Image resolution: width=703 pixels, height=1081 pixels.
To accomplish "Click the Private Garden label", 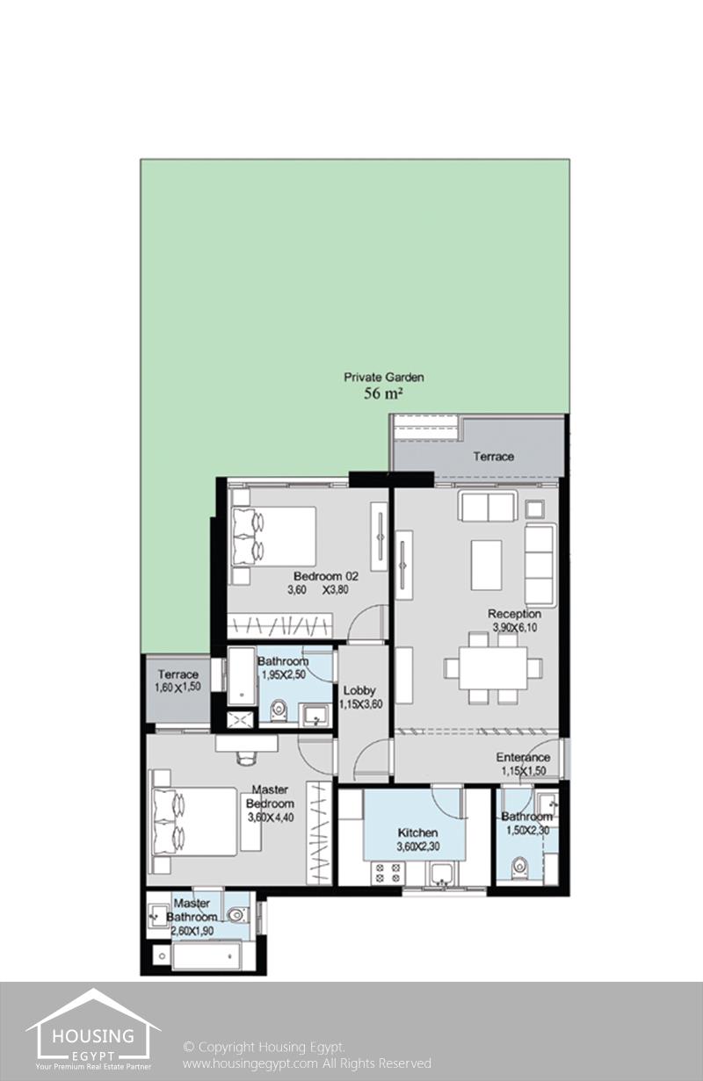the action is pyautogui.click(x=384, y=377).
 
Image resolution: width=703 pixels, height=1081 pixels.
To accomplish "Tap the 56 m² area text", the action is pyautogui.click(x=383, y=393).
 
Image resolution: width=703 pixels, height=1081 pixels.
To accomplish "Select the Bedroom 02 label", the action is pyautogui.click(x=326, y=576).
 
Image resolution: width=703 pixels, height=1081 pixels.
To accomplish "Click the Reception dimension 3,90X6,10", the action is pyautogui.click(x=515, y=627).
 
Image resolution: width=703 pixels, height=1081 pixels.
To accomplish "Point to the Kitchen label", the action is pyautogui.click(x=418, y=832).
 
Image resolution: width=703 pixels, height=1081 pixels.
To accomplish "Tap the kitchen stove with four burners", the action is pyautogui.click(x=388, y=873).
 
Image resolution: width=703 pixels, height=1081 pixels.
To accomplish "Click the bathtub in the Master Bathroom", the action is pyautogui.click(x=207, y=956).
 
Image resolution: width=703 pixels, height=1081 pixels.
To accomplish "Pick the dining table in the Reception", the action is pyautogui.click(x=493, y=668).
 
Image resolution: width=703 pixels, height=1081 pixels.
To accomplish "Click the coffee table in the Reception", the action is pyautogui.click(x=487, y=566).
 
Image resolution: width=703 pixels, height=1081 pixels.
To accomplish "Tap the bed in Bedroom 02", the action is pyautogui.click(x=274, y=537).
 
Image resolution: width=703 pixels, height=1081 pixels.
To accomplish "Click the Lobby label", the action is pyautogui.click(x=359, y=690).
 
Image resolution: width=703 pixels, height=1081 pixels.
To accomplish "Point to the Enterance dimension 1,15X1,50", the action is pyautogui.click(x=524, y=771).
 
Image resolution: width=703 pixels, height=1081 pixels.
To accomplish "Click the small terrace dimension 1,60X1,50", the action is pyautogui.click(x=178, y=688).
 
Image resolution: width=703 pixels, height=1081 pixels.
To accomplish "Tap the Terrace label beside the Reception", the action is pyautogui.click(x=494, y=456).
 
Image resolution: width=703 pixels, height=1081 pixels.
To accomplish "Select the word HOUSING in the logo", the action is pyautogui.click(x=92, y=1035).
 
